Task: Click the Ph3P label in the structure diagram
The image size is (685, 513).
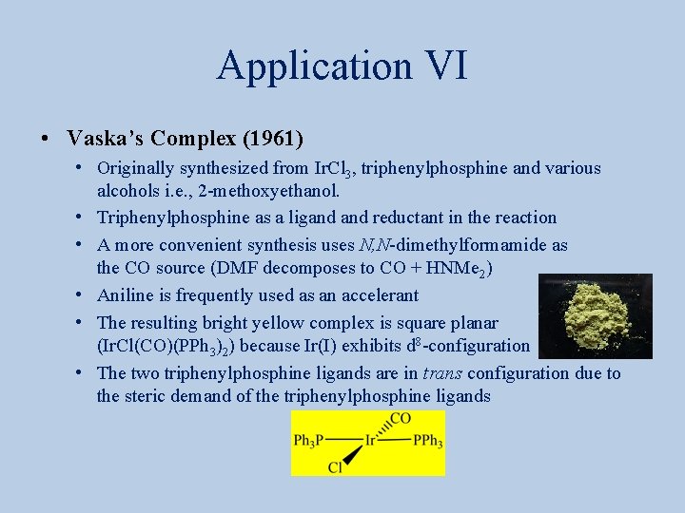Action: tap(308, 441)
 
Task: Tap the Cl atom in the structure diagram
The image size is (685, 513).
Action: tap(335, 466)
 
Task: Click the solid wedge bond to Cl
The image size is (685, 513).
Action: tap(353, 455)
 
